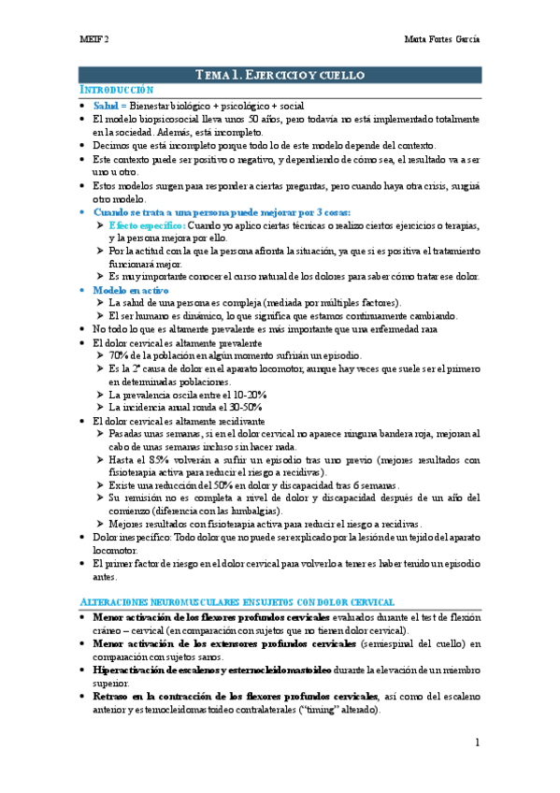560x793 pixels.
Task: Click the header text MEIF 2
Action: pyautogui.click(x=93, y=42)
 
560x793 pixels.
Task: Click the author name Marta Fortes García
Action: pyautogui.click(x=442, y=42)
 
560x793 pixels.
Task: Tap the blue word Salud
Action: pyautogui.click(x=108, y=106)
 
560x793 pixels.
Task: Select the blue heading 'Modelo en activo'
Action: pyautogui.click(x=130, y=291)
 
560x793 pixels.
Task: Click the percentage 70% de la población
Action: pyautogui.click(x=119, y=356)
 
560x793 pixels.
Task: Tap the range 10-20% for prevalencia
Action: pyautogui.click(x=244, y=395)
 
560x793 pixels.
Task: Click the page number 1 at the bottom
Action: pyautogui.click(x=476, y=743)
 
